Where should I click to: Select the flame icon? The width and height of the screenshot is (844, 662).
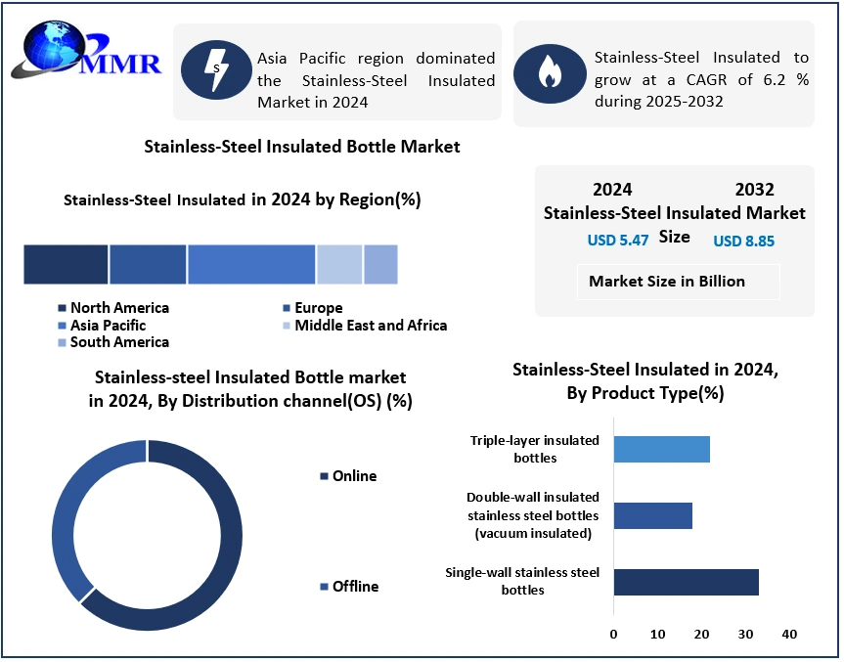point(549,73)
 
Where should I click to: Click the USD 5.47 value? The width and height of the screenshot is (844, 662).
point(618,241)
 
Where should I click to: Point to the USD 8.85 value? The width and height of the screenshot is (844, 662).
point(744,241)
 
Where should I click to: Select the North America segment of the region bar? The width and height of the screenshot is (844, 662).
point(66,265)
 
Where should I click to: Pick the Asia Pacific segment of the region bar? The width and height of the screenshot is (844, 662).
point(251,265)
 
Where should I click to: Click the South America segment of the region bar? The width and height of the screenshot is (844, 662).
point(381,265)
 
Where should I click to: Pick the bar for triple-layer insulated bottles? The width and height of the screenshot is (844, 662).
point(661,450)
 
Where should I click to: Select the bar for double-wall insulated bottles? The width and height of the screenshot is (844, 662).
point(652,515)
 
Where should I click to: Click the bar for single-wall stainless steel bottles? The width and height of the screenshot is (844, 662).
point(686,581)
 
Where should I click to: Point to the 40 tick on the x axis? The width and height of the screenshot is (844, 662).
point(789,635)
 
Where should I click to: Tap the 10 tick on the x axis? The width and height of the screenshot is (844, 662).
point(657,635)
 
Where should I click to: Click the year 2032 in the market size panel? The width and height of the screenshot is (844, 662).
point(754,190)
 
